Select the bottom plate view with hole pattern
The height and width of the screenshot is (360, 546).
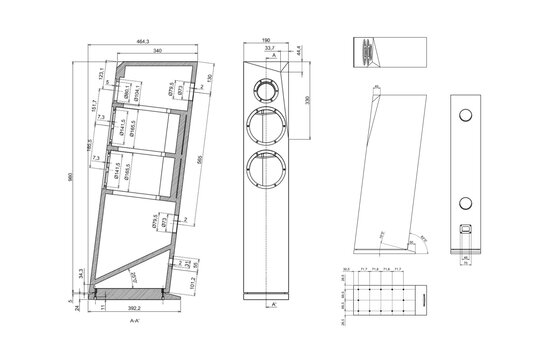point(381,299)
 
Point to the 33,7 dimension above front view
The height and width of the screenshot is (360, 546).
point(269,48)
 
